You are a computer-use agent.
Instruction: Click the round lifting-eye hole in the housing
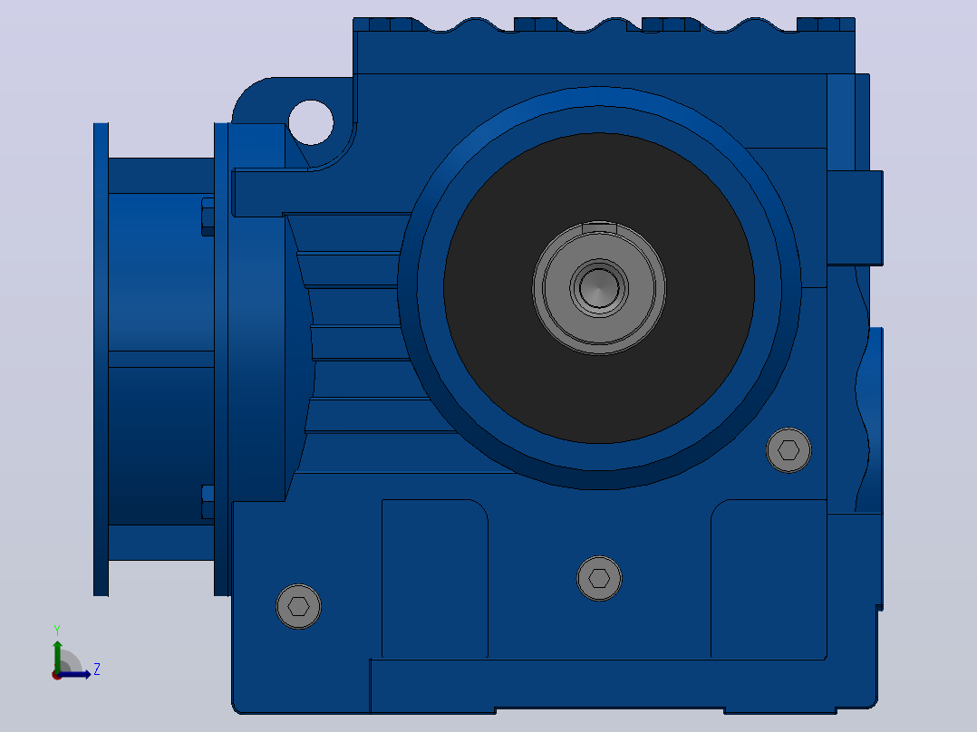click(311, 122)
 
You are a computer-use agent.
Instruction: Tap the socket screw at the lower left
click(298, 606)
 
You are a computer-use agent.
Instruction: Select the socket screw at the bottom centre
click(599, 578)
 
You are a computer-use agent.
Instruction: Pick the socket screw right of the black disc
click(788, 449)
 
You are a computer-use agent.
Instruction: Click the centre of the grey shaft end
click(599, 288)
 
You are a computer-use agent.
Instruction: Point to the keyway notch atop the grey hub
click(599, 228)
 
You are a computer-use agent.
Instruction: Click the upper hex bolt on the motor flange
click(208, 217)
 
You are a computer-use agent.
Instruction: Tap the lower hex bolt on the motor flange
click(208, 502)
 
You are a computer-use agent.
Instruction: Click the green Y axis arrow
click(57, 656)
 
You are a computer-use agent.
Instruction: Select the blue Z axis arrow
click(74, 674)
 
